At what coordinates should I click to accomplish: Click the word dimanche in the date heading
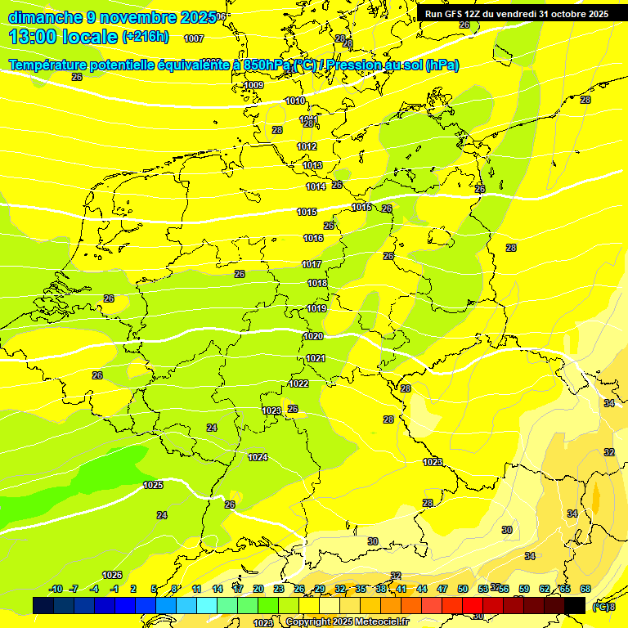point(44,17)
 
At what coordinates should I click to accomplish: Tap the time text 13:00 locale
point(63,37)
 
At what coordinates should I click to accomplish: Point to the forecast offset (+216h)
point(145,37)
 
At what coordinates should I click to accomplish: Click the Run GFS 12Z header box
point(516,14)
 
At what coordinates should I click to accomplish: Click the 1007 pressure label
point(195,38)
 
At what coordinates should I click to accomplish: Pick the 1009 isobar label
point(254,85)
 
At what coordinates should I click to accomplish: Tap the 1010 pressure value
point(295,101)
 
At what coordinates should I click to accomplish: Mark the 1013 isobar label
point(312,165)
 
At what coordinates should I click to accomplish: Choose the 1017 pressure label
point(312,264)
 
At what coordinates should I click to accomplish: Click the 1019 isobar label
point(317,308)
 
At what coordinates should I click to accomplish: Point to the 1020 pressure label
point(313,336)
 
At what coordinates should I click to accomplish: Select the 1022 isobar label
point(299,384)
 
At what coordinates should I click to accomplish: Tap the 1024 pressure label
point(258,457)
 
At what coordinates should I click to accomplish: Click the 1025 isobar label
point(153,485)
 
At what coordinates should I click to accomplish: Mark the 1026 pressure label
point(112,575)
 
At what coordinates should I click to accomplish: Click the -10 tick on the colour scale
point(56,589)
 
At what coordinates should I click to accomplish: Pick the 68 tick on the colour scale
point(585,589)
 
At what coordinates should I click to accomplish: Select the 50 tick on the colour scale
point(463,589)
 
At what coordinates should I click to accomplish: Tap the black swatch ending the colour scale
point(575,605)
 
